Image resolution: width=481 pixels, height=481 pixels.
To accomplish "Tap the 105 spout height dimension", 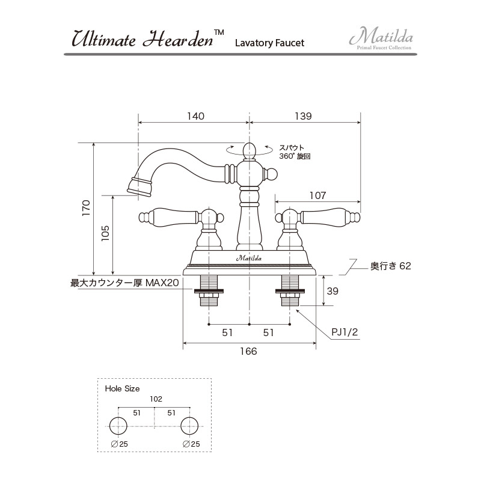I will (x=105, y=233).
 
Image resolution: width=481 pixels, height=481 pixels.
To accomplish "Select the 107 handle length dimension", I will (x=317, y=195).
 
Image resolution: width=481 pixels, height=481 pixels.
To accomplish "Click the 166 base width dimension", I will (x=248, y=351).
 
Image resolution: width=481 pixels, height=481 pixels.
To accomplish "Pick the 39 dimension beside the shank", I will (x=332, y=291).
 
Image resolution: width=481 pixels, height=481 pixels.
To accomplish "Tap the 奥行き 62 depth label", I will (x=390, y=265).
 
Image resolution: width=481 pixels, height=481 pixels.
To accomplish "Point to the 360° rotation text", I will (x=295, y=156).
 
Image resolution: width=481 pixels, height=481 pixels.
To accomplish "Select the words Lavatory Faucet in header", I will (x=269, y=43).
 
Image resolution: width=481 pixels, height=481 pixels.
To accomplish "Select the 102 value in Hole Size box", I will (x=155, y=399).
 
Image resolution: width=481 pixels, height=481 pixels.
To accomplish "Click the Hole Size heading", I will (x=122, y=388).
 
